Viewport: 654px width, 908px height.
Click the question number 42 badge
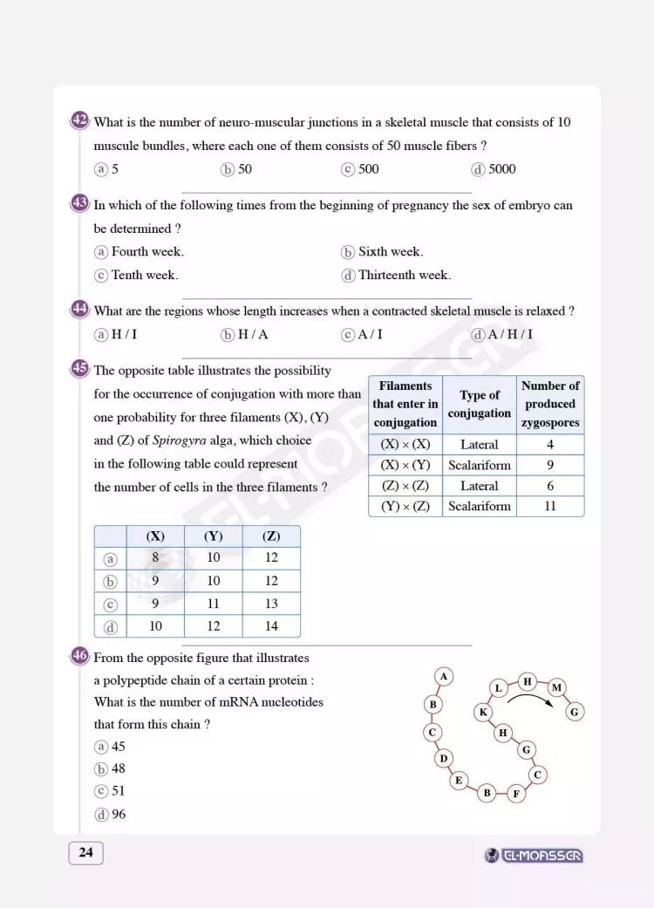click(x=80, y=120)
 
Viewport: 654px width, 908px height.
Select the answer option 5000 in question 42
click(x=494, y=169)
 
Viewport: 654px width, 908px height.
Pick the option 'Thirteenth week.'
click(x=396, y=276)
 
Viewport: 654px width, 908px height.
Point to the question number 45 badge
click(x=80, y=369)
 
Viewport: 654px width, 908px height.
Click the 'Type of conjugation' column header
click(x=480, y=405)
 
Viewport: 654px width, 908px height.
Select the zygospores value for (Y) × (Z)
click(x=549, y=506)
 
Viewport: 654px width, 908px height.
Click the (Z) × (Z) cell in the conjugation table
click(x=405, y=486)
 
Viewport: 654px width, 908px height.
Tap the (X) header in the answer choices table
click(x=156, y=536)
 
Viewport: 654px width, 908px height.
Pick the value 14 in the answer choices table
click(x=270, y=625)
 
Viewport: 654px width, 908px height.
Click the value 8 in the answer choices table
click(x=156, y=558)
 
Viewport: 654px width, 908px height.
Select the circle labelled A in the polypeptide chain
click(x=444, y=676)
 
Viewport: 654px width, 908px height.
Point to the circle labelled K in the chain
click(x=482, y=712)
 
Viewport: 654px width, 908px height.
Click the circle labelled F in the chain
click(x=516, y=794)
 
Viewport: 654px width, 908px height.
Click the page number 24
click(x=85, y=853)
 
